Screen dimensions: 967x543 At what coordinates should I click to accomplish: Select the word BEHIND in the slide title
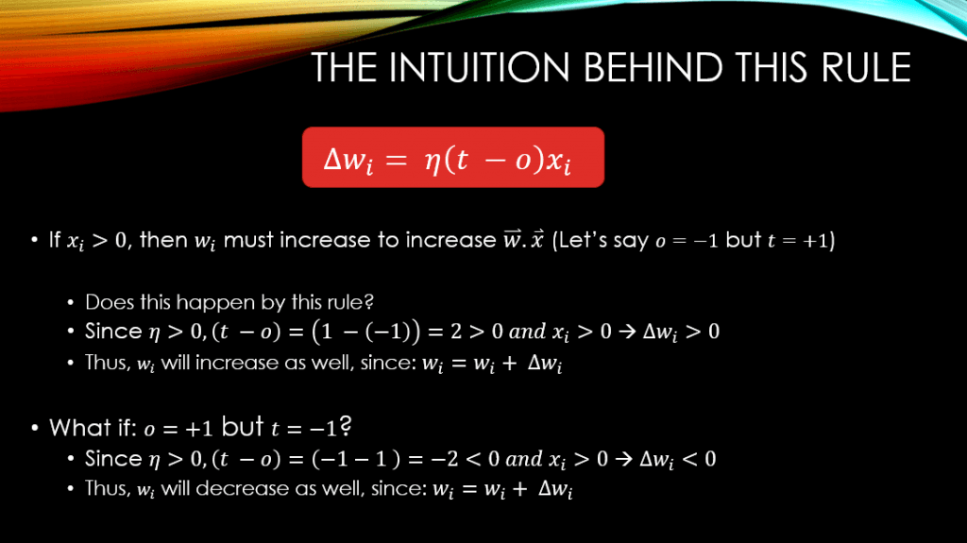point(653,67)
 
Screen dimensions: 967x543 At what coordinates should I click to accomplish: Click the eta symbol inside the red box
point(432,161)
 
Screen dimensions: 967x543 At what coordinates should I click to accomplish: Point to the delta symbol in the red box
point(332,160)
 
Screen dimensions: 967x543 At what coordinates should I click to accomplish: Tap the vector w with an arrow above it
point(512,239)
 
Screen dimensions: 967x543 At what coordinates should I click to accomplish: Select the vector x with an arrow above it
point(537,239)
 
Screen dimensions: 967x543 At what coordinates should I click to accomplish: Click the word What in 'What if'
point(77,428)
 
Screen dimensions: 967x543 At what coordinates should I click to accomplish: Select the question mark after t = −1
point(346,426)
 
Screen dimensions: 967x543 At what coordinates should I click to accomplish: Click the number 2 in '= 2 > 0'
point(456,331)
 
